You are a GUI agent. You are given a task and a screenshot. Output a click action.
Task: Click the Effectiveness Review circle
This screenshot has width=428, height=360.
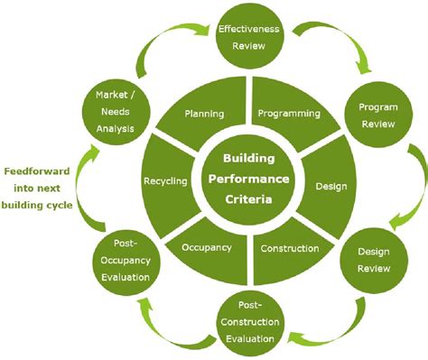pos(250,37)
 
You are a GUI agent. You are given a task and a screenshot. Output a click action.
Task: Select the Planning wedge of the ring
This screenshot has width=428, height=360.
pos(203,115)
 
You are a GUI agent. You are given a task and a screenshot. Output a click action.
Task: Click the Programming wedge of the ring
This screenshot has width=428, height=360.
pos(288,115)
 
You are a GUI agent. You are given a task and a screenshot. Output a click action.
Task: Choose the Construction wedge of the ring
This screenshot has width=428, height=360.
pos(289,248)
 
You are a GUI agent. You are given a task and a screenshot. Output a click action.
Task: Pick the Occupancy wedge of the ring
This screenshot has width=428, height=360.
pos(206,246)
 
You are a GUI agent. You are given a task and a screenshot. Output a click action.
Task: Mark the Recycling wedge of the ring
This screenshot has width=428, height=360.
pos(165,180)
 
